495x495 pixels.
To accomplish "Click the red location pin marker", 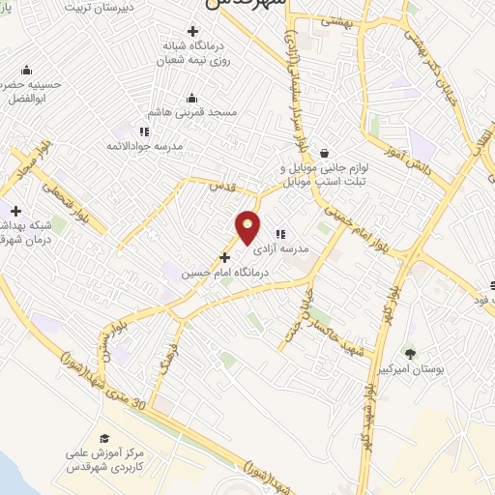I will click(x=248, y=228).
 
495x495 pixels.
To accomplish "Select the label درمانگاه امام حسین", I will click(x=220, y=274).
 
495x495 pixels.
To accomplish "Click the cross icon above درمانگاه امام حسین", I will click(x=225, y=257).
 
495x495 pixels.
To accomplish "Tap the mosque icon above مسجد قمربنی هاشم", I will click(x=191, y=97).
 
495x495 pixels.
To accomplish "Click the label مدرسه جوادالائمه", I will click(x=144, y=147).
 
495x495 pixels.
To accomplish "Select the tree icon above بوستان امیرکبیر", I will click(x=410, y=353).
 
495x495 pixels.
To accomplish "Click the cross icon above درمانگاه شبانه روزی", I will click(x=192, y=33).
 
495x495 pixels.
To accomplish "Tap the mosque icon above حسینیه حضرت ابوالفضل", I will click(x=24, y=70).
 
